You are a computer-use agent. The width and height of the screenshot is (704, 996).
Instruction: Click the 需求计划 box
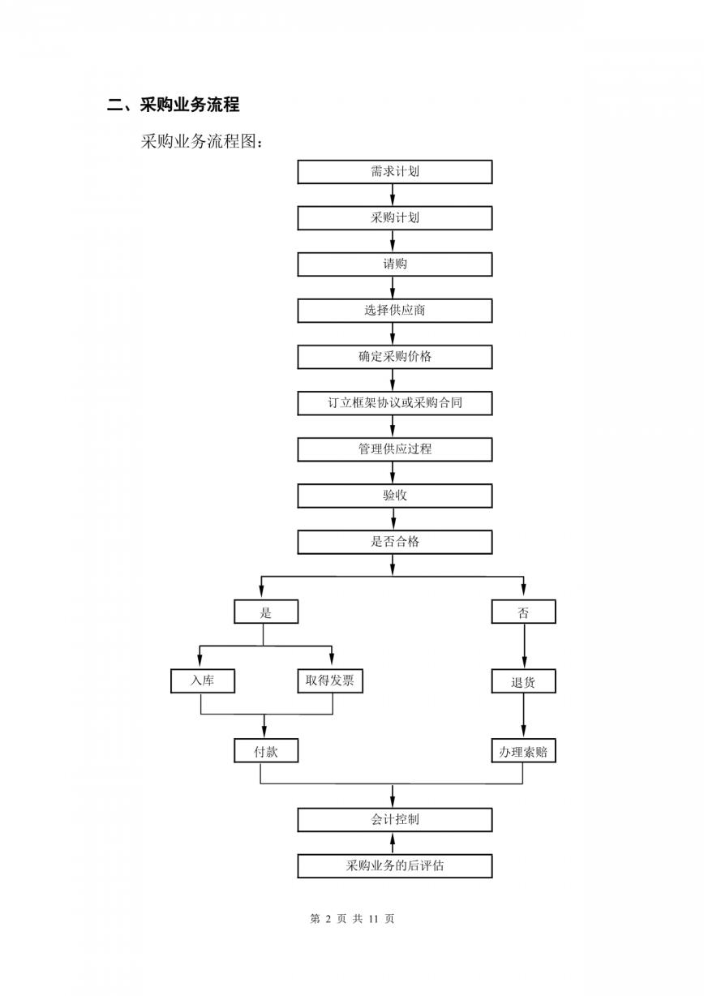click(x=394, y=172)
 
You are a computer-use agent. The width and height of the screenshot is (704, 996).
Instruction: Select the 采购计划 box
click(x=394, y=218)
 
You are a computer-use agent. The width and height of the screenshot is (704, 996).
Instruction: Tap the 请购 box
click(x=394, y=264)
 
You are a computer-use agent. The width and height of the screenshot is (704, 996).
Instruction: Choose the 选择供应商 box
click(x=394, y=311)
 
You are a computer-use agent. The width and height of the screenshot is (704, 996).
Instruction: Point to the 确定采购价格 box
click(x=394, y=357)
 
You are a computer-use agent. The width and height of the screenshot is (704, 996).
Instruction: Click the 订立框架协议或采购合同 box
click(x=394, y=403)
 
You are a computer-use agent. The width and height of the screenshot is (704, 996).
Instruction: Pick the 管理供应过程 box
click(x=394, y=449)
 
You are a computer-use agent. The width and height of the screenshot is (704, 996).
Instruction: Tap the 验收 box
click(x=394, y=496)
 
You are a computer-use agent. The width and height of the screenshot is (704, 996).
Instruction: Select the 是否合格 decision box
click(x=394, y=542)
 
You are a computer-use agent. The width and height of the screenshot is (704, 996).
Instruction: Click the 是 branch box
click(x=266, y=612)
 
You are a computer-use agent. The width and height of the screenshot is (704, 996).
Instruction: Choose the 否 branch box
click(x=523, y=612)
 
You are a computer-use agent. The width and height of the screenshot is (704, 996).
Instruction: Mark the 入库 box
click(x=202, y=680)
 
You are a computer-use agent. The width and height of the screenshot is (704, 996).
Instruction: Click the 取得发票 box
click(x=330, y=680)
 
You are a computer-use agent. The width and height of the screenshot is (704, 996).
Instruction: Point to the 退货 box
click(x=523, y=680)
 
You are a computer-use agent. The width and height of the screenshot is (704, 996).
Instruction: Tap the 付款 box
click(x=266, y=750)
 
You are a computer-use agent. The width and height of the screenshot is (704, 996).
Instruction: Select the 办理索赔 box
click(x=523, y=750)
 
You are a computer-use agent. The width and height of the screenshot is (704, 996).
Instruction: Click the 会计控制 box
click(x=394, y=819)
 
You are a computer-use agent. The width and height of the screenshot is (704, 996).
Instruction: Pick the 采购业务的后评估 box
click(x=394, y=865)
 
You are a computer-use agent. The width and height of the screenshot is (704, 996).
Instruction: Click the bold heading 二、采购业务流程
click(x=174, y=105)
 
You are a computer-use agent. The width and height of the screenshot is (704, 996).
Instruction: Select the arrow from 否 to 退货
click(x=524, y=646)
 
